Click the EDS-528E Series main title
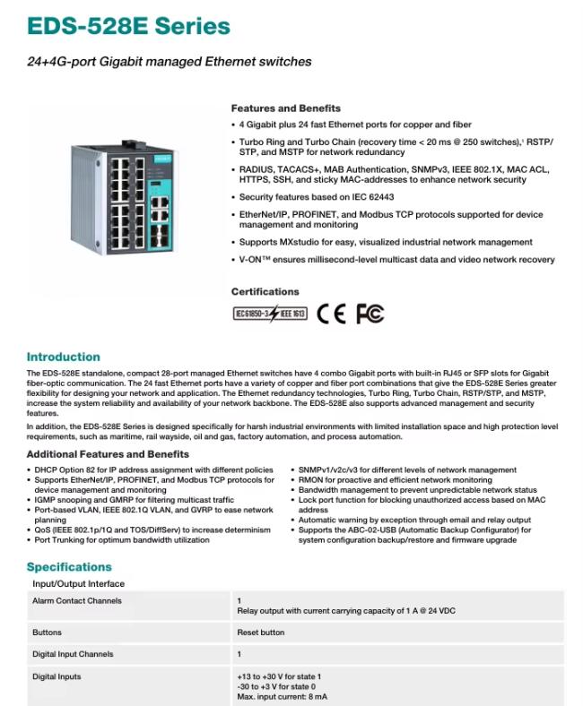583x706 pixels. [x=128, y=26]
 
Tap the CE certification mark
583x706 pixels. [x=331, y=314]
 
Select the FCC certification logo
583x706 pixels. [x=370, y=314]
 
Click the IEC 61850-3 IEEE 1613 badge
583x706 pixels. [x=270, y=314]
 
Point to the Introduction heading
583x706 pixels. [x=63, y=357]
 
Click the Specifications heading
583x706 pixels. [x=69, y=566]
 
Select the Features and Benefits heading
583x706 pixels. [x=286, y=108]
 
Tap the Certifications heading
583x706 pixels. [x=265, y=292]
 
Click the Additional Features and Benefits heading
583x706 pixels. [x=108, y=455]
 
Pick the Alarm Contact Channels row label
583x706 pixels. [x=76, y=600]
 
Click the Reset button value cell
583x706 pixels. [x=260, y=633]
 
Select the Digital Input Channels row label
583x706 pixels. [x=73, y=654]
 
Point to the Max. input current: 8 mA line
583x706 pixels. [x=282, y=696]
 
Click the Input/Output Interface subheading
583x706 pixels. [x=79, y=583]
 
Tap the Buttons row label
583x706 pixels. [x=47, y=633]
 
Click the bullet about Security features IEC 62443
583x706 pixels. [x=317, y=196]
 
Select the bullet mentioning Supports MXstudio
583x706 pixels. [x=386, y=242]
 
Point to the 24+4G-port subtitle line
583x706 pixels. [x=170, y=62]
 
